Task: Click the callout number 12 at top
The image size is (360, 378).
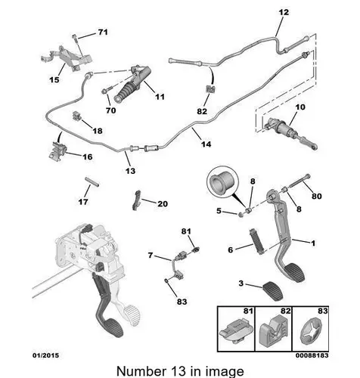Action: pyautogui.click(x=284, y=12)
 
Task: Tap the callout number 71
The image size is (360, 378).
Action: pyautogui.click(x=103, y=33)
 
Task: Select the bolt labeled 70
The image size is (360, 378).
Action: pyautogui.click(x=107, y=91)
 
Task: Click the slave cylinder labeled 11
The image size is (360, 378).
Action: pyautogui.click(x=132, y=84)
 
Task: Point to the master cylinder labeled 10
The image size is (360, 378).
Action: pyautogui.click(x=290, y=133)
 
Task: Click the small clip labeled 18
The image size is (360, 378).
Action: pyautogui.click(x=76, y=116)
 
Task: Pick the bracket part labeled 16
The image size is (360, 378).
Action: pyautogui.click(x=57, y=151)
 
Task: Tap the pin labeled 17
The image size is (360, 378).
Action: pyautogui.click(x=92, y=182)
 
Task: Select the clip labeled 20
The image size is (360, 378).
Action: pyautogui.click(x=136, y=200)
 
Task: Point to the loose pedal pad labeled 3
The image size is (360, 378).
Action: pyautogui.click(x=273, y=291)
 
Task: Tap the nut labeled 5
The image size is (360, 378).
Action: pyautogui.click(x=241, y=215)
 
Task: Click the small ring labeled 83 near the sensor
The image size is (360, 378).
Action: pyautogui.click(x=166, y=280)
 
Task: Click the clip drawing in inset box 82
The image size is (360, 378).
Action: pyautogui.click(x=274, y=330)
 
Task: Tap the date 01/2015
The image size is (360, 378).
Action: pyautogui.click(x=45, y=355)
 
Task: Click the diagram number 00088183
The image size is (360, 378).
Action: pyautogui.click(x=312, y=355)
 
